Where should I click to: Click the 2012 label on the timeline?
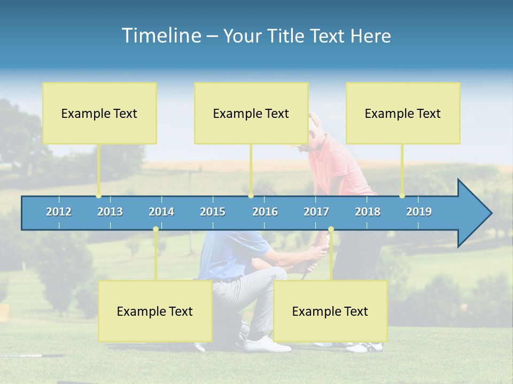coord(59,212)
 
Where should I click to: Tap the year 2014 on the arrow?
coord(161,212)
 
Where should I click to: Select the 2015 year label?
coord(213,212)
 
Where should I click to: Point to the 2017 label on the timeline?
coord(316,212)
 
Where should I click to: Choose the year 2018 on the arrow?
coord(368,212)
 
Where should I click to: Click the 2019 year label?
coord(419,212)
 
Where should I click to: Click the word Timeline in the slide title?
coord(161,36)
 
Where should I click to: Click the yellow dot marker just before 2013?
coord(99,196)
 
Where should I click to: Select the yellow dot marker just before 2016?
coord(251,196)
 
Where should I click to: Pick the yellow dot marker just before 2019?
coord(402,196)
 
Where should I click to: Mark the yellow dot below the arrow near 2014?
coord(156,229)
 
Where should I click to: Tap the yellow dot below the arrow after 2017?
coord(331,229)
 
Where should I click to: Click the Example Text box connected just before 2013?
coord(99,113)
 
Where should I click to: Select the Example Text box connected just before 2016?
coord(251,113)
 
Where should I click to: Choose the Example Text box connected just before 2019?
coord(403,113)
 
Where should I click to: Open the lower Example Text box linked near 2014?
coord(155,311)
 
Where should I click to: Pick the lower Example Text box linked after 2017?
coord(330,311)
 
